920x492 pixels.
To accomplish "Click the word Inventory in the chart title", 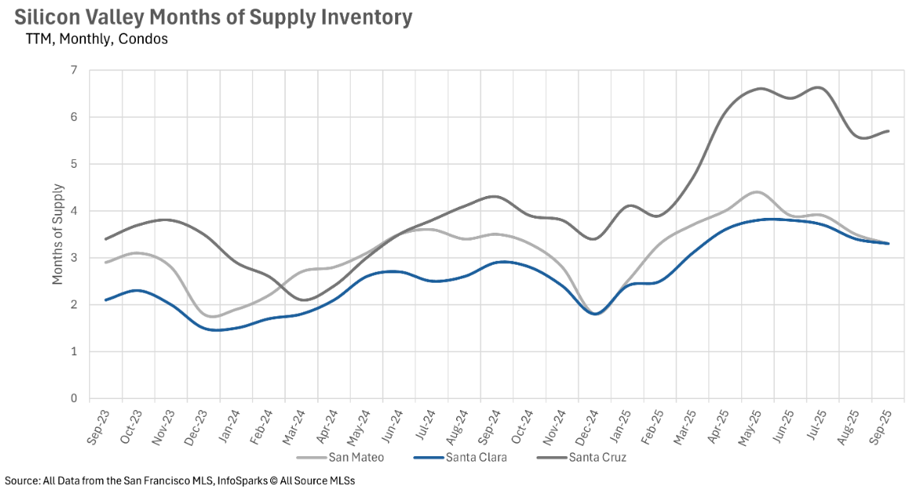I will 358,17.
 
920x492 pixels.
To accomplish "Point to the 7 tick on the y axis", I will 73,70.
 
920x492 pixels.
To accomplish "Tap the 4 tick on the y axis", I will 73,211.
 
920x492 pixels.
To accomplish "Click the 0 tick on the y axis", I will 73,398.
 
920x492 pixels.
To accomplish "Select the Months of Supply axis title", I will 58,234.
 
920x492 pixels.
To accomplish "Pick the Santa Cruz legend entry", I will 597,458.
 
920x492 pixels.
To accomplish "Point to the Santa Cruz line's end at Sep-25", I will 889,131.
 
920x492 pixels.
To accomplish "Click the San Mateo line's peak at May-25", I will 756,192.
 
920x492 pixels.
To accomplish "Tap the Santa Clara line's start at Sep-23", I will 105,300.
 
